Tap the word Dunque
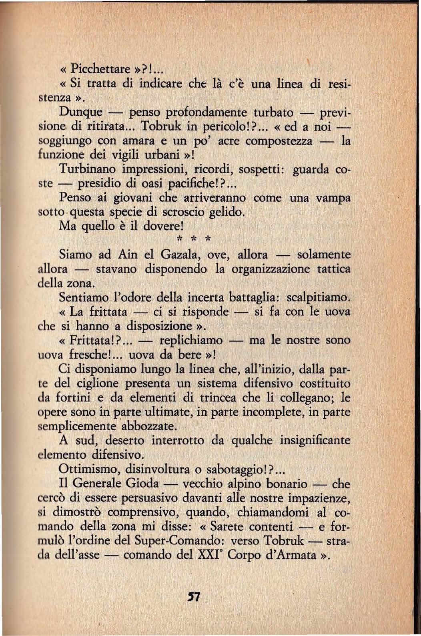point(80,112)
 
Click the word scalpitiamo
point(318,297)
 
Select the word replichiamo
point(191,340)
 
